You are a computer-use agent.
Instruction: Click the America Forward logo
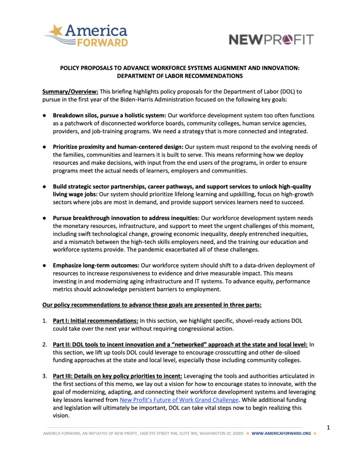tap(86, 35)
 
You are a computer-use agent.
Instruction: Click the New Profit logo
tap(271, 39)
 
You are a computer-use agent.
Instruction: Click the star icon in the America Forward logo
tap(56, 31)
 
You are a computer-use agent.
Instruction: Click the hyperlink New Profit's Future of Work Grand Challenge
tap(179, 400)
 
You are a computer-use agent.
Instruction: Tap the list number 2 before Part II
tap(44, 344)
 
